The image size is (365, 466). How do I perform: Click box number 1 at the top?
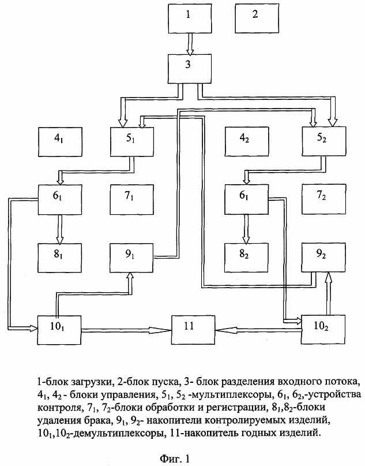tap(190, 18)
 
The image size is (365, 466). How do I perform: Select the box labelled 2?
tap(257, 18)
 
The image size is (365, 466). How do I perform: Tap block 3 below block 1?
tap(190, 69)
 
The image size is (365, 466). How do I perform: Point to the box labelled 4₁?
tap(60, 141)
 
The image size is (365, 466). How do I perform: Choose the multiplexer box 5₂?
tap(324, 141)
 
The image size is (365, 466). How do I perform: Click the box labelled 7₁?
tap(131, 199)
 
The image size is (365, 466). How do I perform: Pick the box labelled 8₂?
tap(246, 258)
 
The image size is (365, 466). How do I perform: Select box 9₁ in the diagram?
tap(131, 258)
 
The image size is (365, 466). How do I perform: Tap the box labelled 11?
tap(193, 330)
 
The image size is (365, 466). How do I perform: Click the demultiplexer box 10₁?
tap(59, 330)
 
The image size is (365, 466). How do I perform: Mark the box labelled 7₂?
tap(324, 199)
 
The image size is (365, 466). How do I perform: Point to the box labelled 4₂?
tap(247, 141)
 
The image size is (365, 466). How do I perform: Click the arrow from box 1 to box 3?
tap(190, 44)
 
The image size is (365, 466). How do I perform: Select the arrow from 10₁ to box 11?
tap(126, 330)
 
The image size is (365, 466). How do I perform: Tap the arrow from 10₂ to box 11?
tap(258, 330)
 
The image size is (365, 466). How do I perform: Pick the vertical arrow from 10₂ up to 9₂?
tap(328, 293)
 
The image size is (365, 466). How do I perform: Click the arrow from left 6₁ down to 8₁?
tap(60, 229)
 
